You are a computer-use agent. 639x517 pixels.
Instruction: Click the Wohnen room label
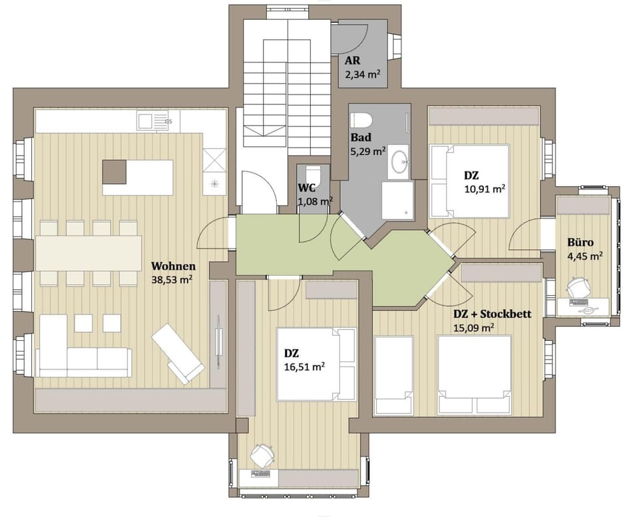[172, 266]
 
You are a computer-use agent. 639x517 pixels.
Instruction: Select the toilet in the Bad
[361, 120]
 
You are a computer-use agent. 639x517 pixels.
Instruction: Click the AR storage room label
[353, 61]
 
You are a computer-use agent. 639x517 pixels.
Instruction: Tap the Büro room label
[580, 242]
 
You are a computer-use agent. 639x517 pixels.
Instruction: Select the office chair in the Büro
[578, 287]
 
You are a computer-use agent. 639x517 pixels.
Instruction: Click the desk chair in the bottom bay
[262, 455]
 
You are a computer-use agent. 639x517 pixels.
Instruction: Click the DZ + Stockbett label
[492, 314]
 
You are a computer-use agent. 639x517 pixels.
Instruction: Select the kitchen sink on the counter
[145, 120]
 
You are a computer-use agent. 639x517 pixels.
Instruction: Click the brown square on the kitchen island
[114, 171]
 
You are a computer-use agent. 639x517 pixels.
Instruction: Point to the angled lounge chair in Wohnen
[178, 352]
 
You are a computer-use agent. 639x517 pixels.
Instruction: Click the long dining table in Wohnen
[89, 253]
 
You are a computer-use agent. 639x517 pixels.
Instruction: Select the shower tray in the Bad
[397, 200]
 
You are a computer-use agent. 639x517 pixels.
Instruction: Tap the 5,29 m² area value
[368, 151]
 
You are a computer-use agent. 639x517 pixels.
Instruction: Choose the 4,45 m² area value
[585, 255]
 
